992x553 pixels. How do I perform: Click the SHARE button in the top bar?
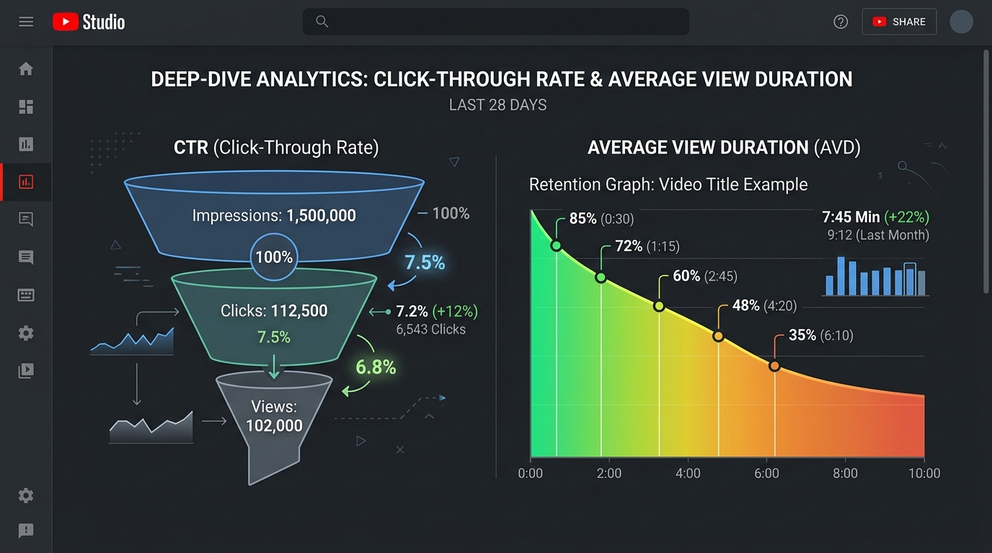(x=899, y=22)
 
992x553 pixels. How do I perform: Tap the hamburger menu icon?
(x=26, y=22)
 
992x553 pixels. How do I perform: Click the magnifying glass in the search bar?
(x=322, y=22)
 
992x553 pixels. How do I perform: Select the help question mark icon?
(x=841, y=22)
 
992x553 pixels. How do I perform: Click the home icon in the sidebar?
(x=26, y=69)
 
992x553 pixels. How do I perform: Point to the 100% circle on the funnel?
(x=274, y=257)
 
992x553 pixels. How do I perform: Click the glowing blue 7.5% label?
(x=425, y=263)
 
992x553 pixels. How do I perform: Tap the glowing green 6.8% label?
(x=376, y=367)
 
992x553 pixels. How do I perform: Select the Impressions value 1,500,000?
(x=321, y=215)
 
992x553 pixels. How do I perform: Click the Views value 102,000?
(x=274, y=426)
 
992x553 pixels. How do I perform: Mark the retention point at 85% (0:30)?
(x=557, y=246)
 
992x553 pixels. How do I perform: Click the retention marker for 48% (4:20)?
(x=718, y=336)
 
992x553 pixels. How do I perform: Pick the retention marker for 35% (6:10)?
(x=774, y=367)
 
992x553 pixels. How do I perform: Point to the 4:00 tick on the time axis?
(x=688, y=473)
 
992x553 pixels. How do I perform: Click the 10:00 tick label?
(x=924, y=473)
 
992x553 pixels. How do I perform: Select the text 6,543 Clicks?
(x=430, y=330)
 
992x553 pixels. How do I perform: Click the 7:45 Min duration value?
(x=851, y=217)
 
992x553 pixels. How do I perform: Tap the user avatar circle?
(x=962, y=22)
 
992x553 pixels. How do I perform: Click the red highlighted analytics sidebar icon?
(x=26, y=182)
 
